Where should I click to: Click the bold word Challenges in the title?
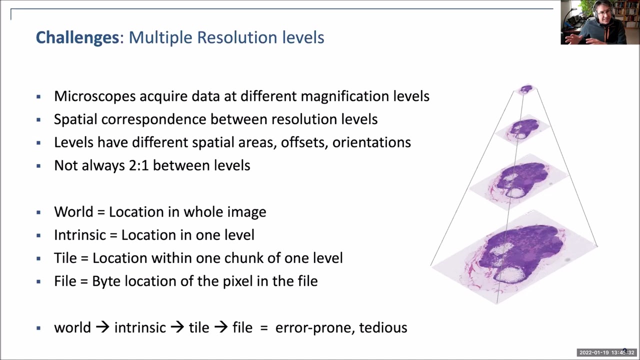click(x=77, y=37)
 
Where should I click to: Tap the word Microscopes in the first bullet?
click(x=95, y=96)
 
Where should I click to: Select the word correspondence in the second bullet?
click(x=153, y=119)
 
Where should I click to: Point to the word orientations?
click(x=371, y=142)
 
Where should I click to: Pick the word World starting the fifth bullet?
click(x=73, y=211)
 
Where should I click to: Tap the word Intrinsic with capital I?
click(x=80, y=235)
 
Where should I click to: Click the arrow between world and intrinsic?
click(x=102, y=327)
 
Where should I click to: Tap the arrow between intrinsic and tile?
click(x=177, y=327)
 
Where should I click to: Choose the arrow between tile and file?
click(x=221, y=327)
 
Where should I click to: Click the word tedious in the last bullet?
click(x=383, y=327)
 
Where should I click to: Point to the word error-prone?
click(x=315, y=328)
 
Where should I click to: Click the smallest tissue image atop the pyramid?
click(x=526, y=89)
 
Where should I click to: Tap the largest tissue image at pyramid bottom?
click(x=514, y=256)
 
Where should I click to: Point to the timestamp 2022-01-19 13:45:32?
click(x=607, y=352)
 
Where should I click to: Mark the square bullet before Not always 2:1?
click(x=38, y=165)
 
